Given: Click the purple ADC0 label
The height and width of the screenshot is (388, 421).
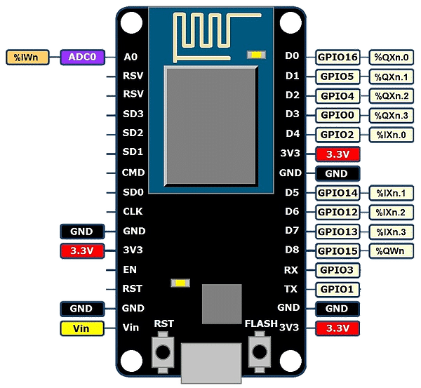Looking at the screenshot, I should (x=82, y=58).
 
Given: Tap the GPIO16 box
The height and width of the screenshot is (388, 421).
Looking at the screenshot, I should (x=338, y=57).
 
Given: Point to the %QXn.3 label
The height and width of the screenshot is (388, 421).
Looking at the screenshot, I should (x=392, y=115).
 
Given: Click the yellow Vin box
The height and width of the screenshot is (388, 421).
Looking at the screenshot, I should (x=82, y=328).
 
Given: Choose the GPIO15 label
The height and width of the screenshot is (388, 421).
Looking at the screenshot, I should (x=338, y=250).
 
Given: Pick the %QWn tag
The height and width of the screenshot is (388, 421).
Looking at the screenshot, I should (x=392, y=250).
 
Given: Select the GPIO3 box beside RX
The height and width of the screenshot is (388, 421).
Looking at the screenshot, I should (x=338, y=269).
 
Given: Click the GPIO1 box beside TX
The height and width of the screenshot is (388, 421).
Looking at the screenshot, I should (x=338, y=289).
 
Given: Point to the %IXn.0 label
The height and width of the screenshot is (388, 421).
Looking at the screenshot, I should (x=392, y=134).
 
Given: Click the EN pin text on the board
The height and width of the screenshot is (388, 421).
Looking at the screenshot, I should (x=128, y=269).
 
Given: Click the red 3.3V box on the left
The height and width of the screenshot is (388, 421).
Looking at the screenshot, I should (x=82, y=250).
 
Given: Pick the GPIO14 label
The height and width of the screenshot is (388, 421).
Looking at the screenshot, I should (x=338, y=192).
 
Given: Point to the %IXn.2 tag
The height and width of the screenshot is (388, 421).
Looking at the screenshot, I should (x=392, y=212).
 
